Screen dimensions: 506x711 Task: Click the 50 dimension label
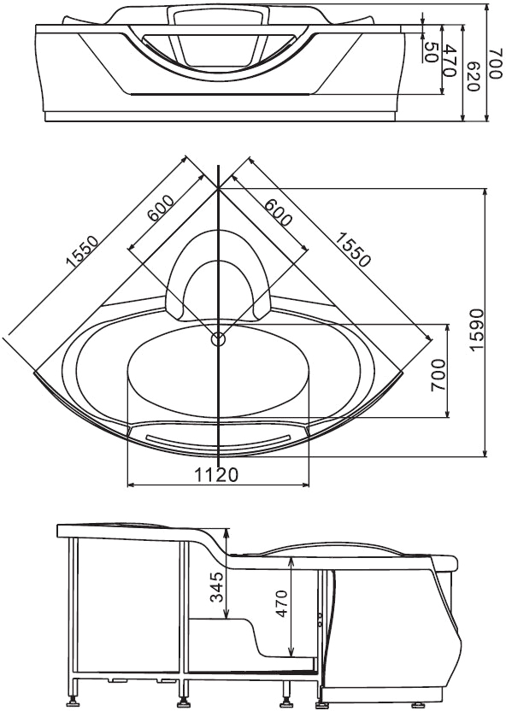tap(430, 52)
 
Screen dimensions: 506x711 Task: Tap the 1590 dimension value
tap(477, 329)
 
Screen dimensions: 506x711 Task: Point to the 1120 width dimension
tap(216, 475)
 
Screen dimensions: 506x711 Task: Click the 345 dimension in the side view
tap(218, 587)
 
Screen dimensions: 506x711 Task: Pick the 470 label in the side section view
tap(281, 603)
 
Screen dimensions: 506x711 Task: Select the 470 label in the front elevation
tap(450, 61)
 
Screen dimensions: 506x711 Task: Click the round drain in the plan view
tap(219, 338)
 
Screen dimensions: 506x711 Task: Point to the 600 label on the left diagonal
tap(160, 208)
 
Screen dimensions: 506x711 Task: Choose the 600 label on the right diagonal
tap(278, 211)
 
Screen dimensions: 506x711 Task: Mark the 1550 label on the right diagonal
tap(353, 249)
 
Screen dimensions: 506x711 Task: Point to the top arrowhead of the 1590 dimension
tap(486, 191)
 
